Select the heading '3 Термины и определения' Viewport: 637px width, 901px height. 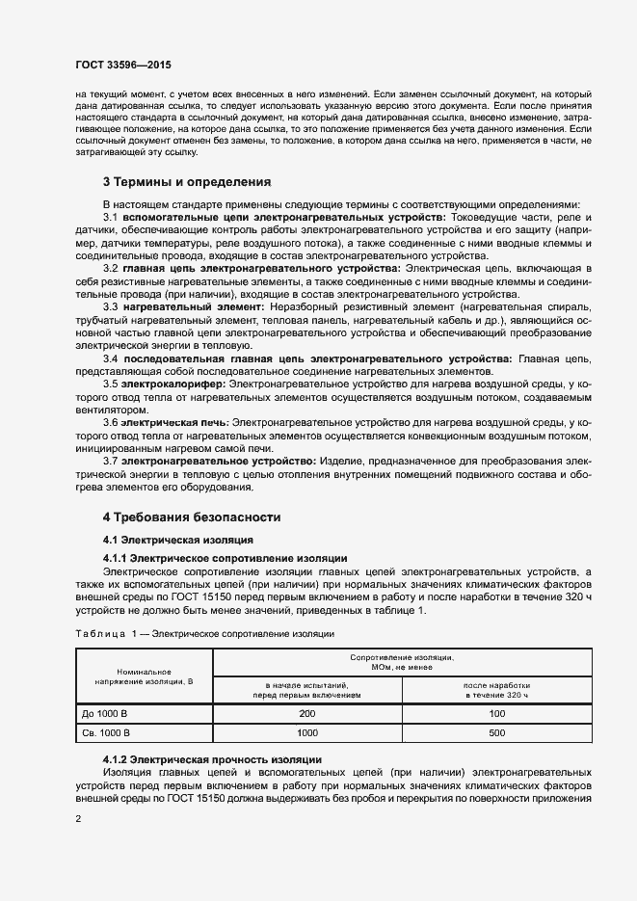187,181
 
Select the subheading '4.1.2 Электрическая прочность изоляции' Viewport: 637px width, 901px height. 212,760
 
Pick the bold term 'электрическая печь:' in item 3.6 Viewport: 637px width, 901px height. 174,423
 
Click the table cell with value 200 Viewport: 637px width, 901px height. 307,714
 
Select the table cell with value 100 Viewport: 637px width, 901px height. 497,714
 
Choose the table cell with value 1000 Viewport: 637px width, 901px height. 307,733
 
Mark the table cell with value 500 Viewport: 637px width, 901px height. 497,733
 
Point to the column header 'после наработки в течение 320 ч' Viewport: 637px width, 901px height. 497,689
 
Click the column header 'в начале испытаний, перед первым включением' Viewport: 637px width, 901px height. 307,689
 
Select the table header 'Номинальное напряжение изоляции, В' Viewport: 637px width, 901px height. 144,676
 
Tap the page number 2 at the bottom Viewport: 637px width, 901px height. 78,818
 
